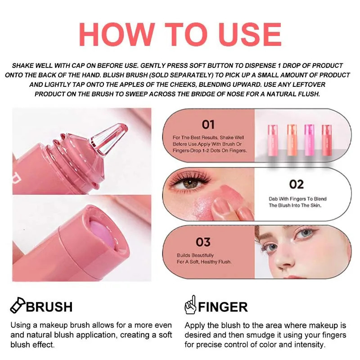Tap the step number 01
click(208, 124)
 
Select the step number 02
click(296, 184)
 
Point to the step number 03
click(203, 242)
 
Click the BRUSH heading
click(49, 307)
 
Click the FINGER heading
click(223, 307)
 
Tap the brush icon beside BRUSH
click(17, 306)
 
